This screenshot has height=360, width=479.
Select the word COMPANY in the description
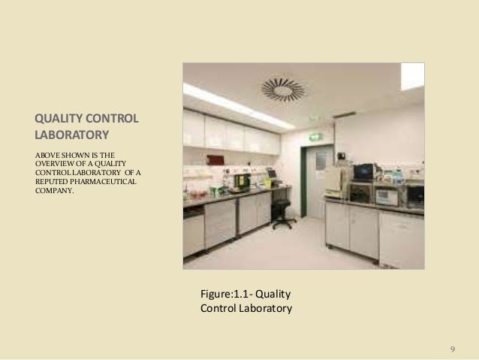(54, 191)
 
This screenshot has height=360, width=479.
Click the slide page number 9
(452, 349)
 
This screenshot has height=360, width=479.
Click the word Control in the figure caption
(218, 308)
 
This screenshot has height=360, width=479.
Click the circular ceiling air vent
(283, 89)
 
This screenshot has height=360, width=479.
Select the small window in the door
(321, 161)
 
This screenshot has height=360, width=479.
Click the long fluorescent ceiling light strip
(236, 106)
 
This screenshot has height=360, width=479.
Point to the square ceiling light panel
(412, 76)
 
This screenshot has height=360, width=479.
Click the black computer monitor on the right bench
(364, 172)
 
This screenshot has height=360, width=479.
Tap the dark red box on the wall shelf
(215, 160)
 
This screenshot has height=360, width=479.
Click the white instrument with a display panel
(387, 197)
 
